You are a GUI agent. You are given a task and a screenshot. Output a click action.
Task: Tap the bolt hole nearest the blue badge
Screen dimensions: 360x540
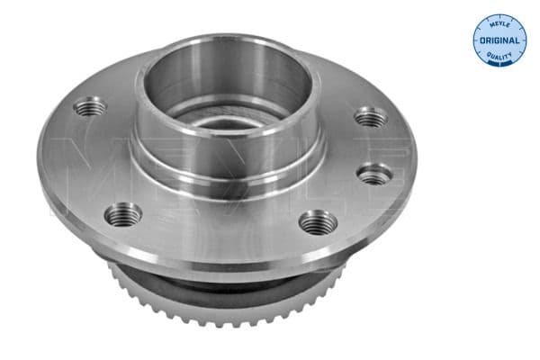click(x=369, y=116)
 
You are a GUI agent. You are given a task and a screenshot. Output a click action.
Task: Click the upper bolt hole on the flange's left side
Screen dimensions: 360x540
click(x=90, y=107)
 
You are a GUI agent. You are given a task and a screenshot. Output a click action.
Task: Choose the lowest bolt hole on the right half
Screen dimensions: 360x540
click(x=317, y=220)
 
